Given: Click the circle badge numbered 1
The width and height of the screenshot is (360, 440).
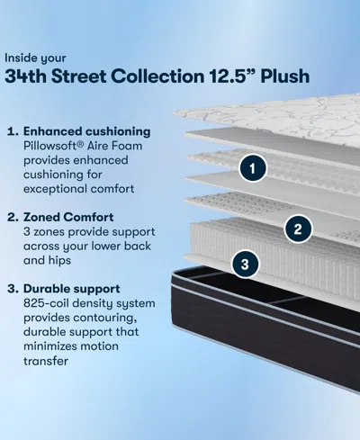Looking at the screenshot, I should (x=255, y=167).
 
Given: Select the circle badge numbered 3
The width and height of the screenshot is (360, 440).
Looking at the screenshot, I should (x=246, y=264).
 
